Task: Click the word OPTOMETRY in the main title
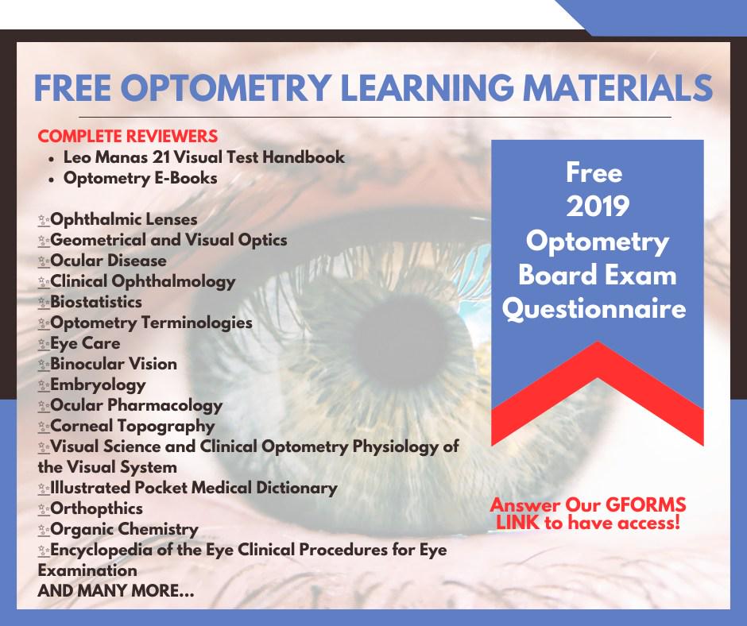(x=229, y=87)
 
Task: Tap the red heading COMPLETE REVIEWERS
(x=128, y=137)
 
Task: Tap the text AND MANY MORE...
(x=116, y=591)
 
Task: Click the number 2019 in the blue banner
(x=598, y=207)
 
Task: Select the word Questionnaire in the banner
(x=594, y=309)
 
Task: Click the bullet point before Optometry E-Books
(x=52, y=180)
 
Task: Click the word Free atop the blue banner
(x=594, y=172)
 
